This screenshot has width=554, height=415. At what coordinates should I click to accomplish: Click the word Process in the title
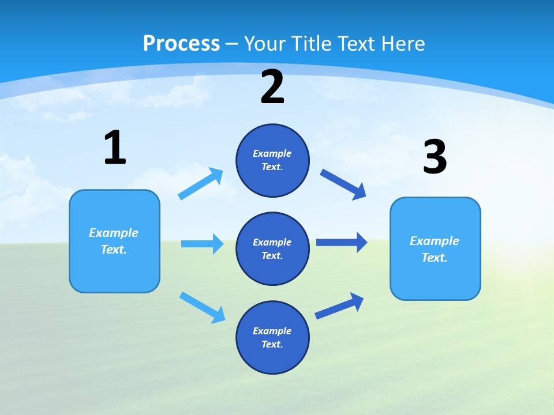pos(181,43)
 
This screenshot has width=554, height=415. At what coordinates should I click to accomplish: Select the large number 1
pos(115,148)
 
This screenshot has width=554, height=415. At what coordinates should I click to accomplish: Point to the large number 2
pos(272,88)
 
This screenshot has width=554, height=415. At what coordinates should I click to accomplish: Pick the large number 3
pos(435,157)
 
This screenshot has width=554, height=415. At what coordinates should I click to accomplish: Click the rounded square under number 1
pos(114,241)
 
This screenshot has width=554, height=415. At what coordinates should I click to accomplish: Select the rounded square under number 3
pos(435,248)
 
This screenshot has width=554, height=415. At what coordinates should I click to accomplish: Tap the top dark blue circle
pos(272,160)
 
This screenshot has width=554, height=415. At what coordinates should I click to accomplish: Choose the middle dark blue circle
pos(272,248)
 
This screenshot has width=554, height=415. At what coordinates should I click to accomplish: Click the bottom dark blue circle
pos(272,337)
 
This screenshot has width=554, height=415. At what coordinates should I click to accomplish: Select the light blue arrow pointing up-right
pos(201,184)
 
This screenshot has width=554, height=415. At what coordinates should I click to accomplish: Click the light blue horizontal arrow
pos(202,244)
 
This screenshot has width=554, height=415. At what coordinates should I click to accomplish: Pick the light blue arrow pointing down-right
pos(202,307)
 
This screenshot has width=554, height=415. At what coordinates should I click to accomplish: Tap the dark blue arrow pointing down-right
pos(343,184)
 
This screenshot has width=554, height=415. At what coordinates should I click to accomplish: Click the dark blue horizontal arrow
pos(342,242)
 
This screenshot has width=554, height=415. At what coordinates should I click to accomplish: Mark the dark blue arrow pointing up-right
pos(339,306)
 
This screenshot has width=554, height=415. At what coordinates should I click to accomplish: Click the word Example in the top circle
pos(272,153)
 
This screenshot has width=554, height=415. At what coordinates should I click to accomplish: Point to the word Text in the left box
pos(113,250)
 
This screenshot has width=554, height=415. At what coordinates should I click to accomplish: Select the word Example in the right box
pos(435,241)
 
